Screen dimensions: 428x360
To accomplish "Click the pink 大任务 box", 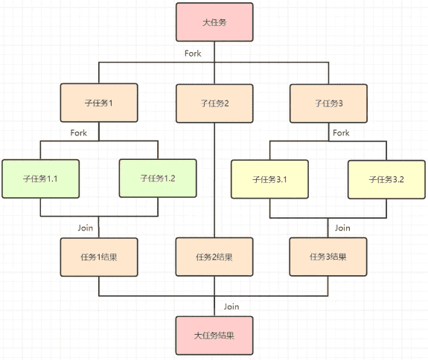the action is (x=214, y=22).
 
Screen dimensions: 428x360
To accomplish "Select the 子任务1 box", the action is (x=99, y=103).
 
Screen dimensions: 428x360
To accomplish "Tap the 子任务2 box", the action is (x=214, y=103).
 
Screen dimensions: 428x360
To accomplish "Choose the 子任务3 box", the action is (x=328, y=103).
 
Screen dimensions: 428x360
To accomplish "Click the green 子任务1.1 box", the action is (x=40, y=179).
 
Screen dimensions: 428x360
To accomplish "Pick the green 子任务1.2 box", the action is (x=158, y=179).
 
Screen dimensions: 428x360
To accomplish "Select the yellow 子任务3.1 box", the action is (x=269, y=179).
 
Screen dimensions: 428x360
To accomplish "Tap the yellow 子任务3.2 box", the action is (x=386, y=179).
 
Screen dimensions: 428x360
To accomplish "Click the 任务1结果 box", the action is (x=99, y=257).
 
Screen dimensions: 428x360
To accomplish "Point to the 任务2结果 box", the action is (x=214, y=257).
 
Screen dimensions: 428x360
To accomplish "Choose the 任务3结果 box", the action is (x=328, y=257).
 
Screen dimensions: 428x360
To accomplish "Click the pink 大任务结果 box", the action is (x=214, y=335).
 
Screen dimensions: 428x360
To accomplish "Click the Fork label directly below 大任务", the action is (x=193, y=54).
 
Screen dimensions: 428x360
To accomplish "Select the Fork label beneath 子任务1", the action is (x=79, y=133).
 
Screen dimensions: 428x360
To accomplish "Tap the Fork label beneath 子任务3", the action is (x=341, y=133).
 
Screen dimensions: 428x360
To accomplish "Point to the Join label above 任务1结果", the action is (x=85, y=228).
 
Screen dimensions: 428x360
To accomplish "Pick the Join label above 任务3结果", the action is (x=342, y=228).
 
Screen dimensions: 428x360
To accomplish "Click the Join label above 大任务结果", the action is (x=231, y=306).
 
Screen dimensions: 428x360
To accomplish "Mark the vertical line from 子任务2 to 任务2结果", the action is (x=214, y=180).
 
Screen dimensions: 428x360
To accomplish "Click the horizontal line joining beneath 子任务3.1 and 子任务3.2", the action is (x=328, y=218).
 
